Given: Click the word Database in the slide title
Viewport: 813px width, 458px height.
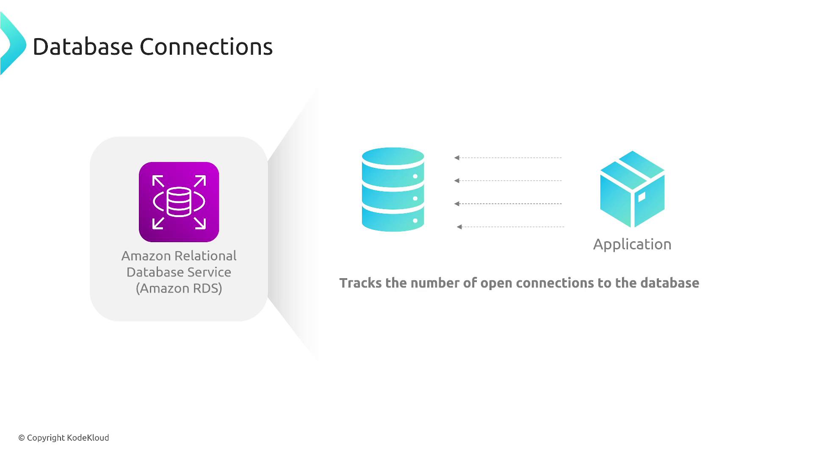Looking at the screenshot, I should [83, 47].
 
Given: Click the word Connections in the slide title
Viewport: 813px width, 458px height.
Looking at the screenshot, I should [206, 47].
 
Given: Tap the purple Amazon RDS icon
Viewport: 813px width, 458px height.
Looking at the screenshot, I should [179, 202].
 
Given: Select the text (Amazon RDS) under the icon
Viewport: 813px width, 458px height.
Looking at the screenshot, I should [179, 288].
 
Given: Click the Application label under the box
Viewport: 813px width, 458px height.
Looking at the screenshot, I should [632, 244].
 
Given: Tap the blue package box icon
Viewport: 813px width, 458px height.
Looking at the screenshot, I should [632, 189].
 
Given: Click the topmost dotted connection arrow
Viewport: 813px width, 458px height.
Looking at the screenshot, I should [508, 158].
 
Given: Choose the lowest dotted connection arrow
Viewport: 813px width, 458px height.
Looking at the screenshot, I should [511, 227].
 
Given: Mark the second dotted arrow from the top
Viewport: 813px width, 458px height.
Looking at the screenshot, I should [508, 181].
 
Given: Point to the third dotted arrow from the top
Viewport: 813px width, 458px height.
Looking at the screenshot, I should [508, 204].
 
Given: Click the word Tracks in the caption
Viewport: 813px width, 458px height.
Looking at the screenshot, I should [360, 283].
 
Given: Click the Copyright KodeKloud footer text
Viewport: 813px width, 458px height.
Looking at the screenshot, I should [64, 438].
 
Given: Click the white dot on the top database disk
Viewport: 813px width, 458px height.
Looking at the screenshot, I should [415, 176].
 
